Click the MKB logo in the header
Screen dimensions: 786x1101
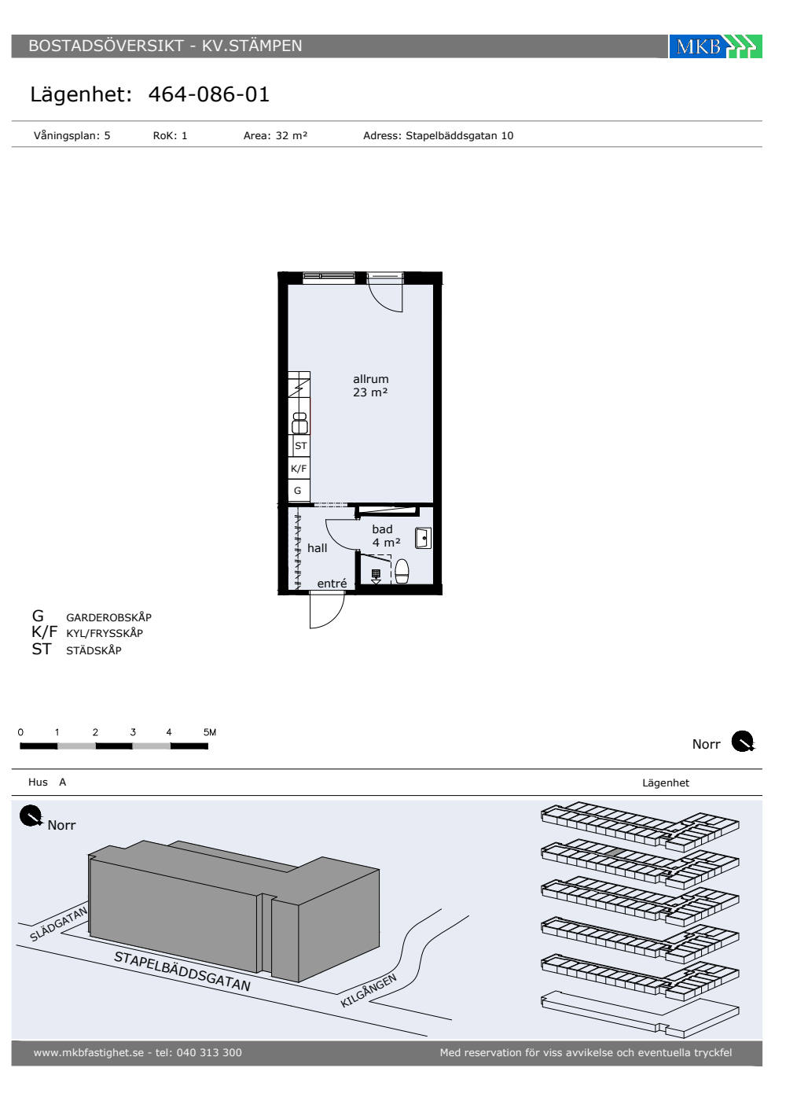coord(715,46)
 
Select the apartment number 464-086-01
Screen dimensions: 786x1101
coord(209,94)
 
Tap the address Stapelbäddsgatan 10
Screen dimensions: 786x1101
coord(459,135)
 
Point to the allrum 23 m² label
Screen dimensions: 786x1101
coord(370,385)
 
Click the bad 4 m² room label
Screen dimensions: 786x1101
coord(386,536)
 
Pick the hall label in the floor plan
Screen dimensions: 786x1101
coord(317,548)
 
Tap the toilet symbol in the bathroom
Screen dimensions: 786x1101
coord(402,571)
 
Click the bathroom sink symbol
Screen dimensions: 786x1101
coord(423,538)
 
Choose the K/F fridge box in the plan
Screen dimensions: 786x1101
coord(299,469)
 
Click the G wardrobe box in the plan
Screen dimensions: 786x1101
coord(299,491)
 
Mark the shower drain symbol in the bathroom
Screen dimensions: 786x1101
coord(376,575)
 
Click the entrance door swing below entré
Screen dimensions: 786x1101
coord(327,610)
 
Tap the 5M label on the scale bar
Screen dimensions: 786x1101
coord(210,732)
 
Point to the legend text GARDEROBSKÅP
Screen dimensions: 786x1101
coord(108,617)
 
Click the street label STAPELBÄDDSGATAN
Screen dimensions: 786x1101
coord(182,970)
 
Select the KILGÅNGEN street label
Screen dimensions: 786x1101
coord(369,990)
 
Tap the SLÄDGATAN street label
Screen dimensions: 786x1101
coord(58,923)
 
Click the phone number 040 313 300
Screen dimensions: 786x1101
coord(209,1052)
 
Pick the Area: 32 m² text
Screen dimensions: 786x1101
coord(275,135)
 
